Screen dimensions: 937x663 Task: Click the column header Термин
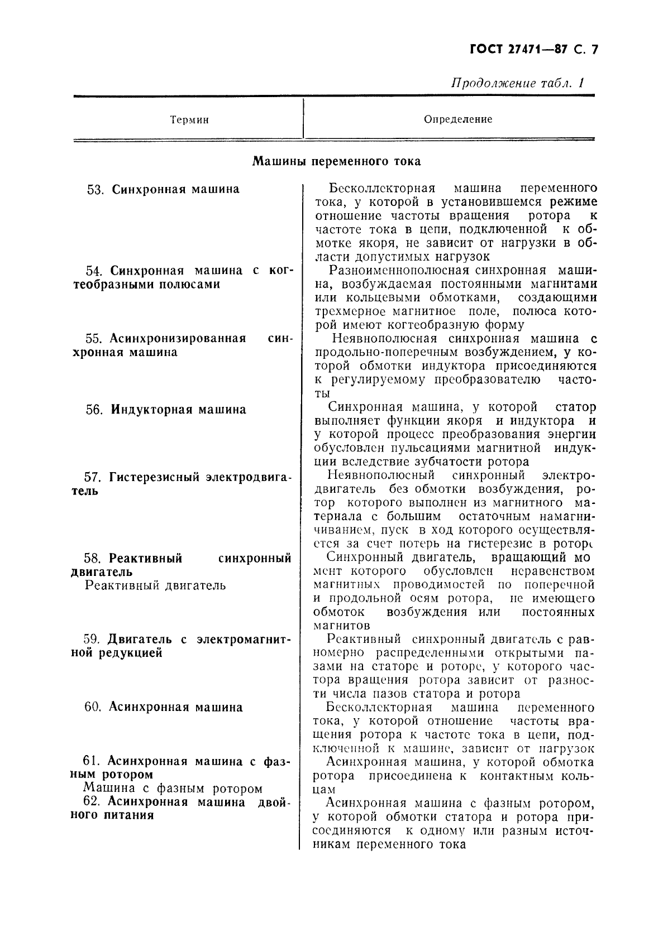(189, 120)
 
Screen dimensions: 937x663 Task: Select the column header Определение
(458, 119)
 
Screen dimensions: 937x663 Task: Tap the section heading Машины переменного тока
(336, 162)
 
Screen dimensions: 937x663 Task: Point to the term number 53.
(96, 190)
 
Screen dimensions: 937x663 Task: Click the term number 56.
(94, 410)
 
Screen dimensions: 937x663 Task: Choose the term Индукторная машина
(179, 410)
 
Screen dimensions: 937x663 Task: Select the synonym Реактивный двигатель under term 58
(155, 585)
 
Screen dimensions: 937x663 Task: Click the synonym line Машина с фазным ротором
(173, 789)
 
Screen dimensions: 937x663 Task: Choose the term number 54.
(93, 271)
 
